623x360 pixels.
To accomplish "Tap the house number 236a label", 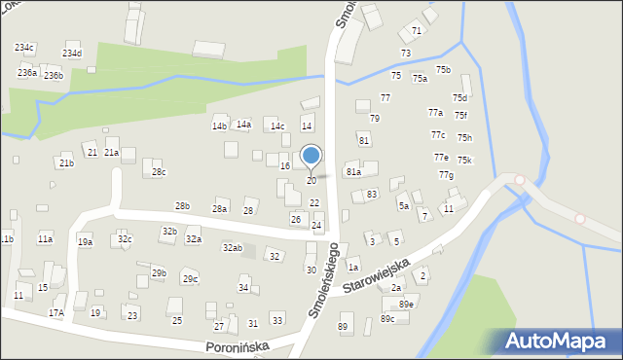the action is click(27, 73).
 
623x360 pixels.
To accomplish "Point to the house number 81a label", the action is click(353, 171).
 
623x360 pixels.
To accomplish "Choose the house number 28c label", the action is click(159, 172).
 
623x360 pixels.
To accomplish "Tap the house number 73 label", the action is click(405, 53).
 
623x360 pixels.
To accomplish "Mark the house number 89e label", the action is click(405, 305).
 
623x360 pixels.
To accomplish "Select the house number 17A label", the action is click(56, 312).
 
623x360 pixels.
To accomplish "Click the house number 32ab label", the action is click(232, 248).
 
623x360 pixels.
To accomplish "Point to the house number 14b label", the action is click(219, 126).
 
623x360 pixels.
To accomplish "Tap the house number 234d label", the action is click(72, 54).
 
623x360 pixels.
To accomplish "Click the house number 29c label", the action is click(190, 279).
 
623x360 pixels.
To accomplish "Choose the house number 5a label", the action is click(403, 205).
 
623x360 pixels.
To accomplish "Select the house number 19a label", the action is click(86, 242).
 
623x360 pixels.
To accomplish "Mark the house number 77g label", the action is click(446, 175).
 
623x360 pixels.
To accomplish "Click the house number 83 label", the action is click(372, 195).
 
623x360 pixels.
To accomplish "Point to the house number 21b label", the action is click(65, 162).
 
